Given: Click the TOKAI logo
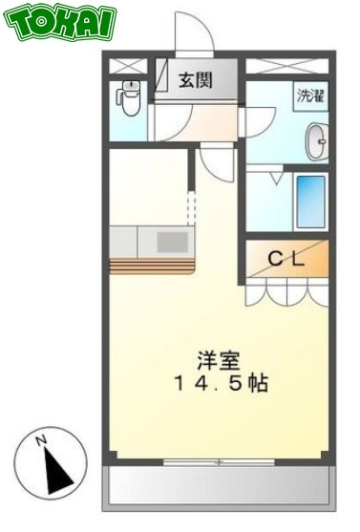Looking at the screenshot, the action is coord(60,23).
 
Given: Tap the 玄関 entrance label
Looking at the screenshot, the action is coord(196,80).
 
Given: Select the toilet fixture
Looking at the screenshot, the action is coord(129,97).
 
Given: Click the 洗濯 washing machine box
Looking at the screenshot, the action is coord(310,96).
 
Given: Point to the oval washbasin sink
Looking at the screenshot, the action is coord(318,141).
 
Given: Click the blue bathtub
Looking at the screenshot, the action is coord(310,202).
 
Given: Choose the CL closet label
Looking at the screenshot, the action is coord(286,260).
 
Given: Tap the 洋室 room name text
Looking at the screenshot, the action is coord(219,360).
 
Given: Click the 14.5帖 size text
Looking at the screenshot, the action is coord(221,383).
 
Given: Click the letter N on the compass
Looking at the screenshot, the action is coord(41,440).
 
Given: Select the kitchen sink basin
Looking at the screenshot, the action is coord(173,243).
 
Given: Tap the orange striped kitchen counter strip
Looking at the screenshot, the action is coord(152,266).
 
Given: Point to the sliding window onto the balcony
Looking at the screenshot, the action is coord(219,461).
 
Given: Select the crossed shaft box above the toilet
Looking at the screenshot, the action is coord(128,66).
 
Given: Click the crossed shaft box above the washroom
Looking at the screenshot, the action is coord(287,66).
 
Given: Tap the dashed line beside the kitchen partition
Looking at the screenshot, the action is coord(192,208).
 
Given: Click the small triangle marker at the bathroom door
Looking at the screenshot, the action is coord(277,178).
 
